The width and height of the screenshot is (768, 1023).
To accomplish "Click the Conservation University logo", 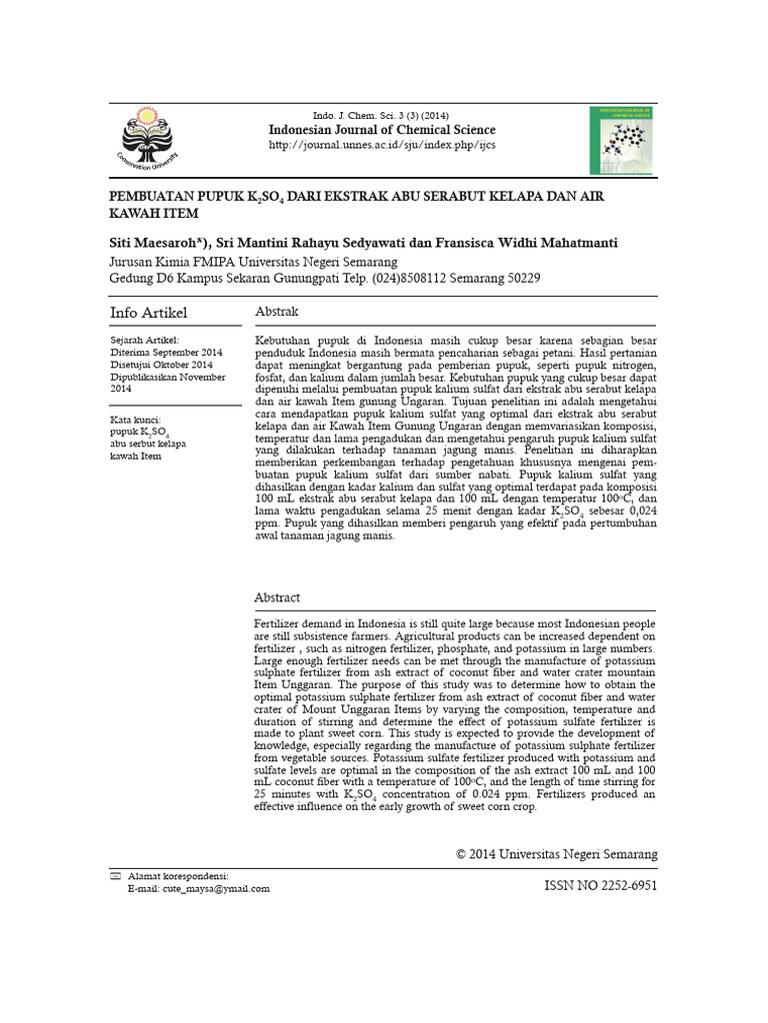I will (150, 141).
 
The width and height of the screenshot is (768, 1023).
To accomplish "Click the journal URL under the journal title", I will (383, 145).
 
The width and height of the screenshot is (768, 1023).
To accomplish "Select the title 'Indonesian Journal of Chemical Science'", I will (382, 129).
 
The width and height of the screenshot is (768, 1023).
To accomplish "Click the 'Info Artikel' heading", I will (148, 314).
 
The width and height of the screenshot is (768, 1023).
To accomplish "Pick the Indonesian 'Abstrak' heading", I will (277, 313).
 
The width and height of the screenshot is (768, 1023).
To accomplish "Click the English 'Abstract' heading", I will (277, 597).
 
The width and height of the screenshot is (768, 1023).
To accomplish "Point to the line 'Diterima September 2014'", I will (166, 353).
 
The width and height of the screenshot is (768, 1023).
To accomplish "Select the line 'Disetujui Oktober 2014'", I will (162, 365).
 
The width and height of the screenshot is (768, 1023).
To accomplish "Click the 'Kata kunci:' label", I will (136, 420).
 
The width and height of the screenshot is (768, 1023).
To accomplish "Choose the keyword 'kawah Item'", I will (136, 456).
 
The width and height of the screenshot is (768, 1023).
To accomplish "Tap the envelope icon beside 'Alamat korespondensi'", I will (115, 875).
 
